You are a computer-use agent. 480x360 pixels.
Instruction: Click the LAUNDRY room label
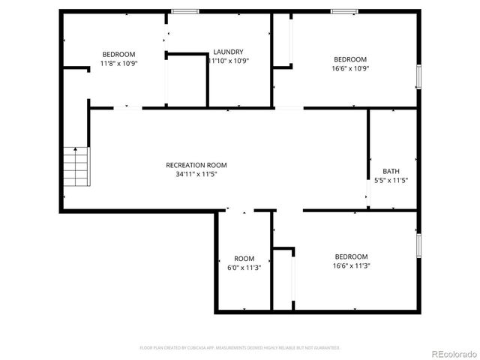pyautogui.click(x=228, y=52)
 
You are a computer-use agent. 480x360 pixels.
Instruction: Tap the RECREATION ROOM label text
pyautogui.click(x=196, y=165)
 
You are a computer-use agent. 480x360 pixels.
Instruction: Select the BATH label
pyautogui.click(x=391, y=171)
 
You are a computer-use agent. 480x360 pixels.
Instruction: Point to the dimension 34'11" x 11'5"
pyautogui.click(x=196, y=174)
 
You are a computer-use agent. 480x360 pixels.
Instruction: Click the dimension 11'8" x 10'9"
pyautogui.click(x=118, y=63)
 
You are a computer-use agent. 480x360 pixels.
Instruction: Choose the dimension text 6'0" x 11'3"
pyautogui.click(x=244, y=268)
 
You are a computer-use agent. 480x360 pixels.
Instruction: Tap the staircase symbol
pyautogui.click(x=76, y=166)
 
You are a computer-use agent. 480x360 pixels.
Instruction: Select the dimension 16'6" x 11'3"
pyautogui.click(x=351, y=265)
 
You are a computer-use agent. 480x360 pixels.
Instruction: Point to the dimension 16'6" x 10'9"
pyautogui.click(x=350, y=68)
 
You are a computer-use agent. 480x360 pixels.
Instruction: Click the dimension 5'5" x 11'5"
pyautogui.click(x=391, y=180)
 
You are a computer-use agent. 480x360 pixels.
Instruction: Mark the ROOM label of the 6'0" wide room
pyautogui.click(x=244, y=259)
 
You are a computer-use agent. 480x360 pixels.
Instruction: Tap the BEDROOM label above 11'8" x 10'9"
pyautogui.click(x=118, y=54)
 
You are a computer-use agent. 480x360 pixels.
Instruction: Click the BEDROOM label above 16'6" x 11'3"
pyautogui.click(x=351, y=256)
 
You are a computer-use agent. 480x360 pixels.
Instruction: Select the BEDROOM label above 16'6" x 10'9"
pyautogui.click(x=350, y=59)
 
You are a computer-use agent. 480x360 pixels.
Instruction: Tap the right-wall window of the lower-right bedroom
pyautogui.click(x=418, y=245)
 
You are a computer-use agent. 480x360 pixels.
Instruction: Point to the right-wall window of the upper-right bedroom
pyautogui.click(x=418, y=77)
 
